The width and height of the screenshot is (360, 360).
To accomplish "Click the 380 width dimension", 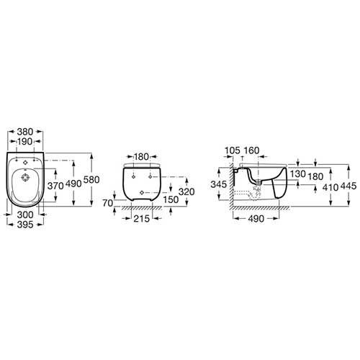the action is click(25, 132).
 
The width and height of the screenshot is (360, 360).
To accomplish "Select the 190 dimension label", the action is click(25, 142).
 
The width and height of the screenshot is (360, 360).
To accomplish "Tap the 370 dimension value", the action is click(55, 186).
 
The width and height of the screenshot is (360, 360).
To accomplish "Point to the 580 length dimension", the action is click(91, 179).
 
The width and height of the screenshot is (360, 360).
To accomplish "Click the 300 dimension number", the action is click(25, 215).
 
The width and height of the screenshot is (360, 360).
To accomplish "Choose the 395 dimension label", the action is click(25, 225).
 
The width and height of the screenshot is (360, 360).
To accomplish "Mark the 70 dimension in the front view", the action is click(108, 203).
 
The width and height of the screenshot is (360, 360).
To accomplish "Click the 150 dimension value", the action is click(171, 199).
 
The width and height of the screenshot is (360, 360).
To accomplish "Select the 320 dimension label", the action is click(186, 192).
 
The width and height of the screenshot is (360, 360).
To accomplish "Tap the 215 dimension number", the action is click(142, 218).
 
